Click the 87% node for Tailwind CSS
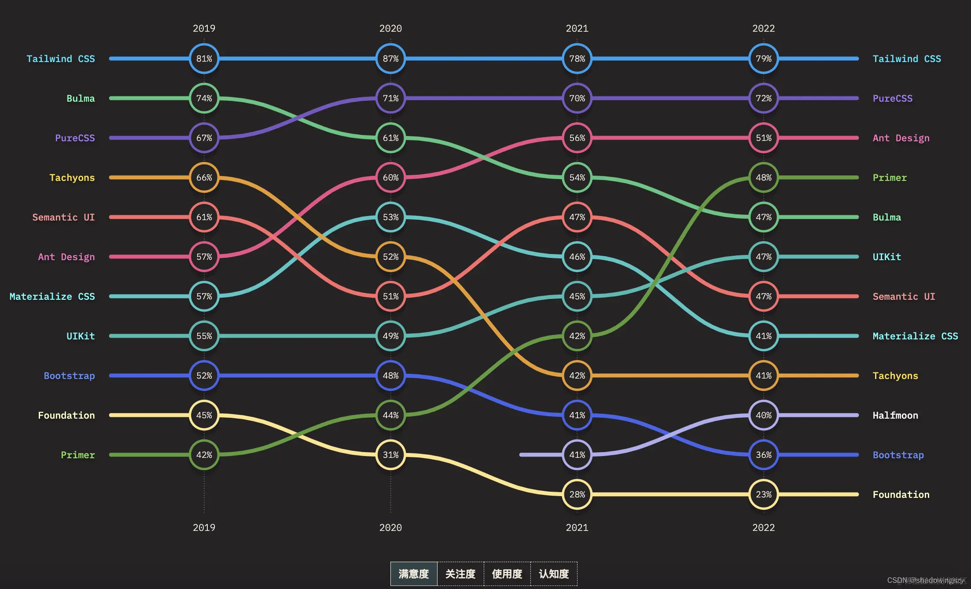point(390,59)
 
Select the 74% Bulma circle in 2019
point(204,98)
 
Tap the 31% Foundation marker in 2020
point(390,455)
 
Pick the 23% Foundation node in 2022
point(764,494)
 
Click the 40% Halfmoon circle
point(764,415)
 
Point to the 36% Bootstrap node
point(764,455)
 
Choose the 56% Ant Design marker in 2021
point(577,138)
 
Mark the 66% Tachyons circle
point(204,177)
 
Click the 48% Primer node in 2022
point(764,177)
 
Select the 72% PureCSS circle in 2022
point(764,98)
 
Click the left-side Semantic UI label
point(63,217)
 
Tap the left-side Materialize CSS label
point(52,296)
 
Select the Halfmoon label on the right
point(895,415)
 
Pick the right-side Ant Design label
point(901,138)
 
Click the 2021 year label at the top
point(577,28)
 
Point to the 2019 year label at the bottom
point(204,527)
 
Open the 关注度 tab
point(460,574)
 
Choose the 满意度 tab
point(414,574)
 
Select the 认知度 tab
point(554,574)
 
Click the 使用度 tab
point(507,574)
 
